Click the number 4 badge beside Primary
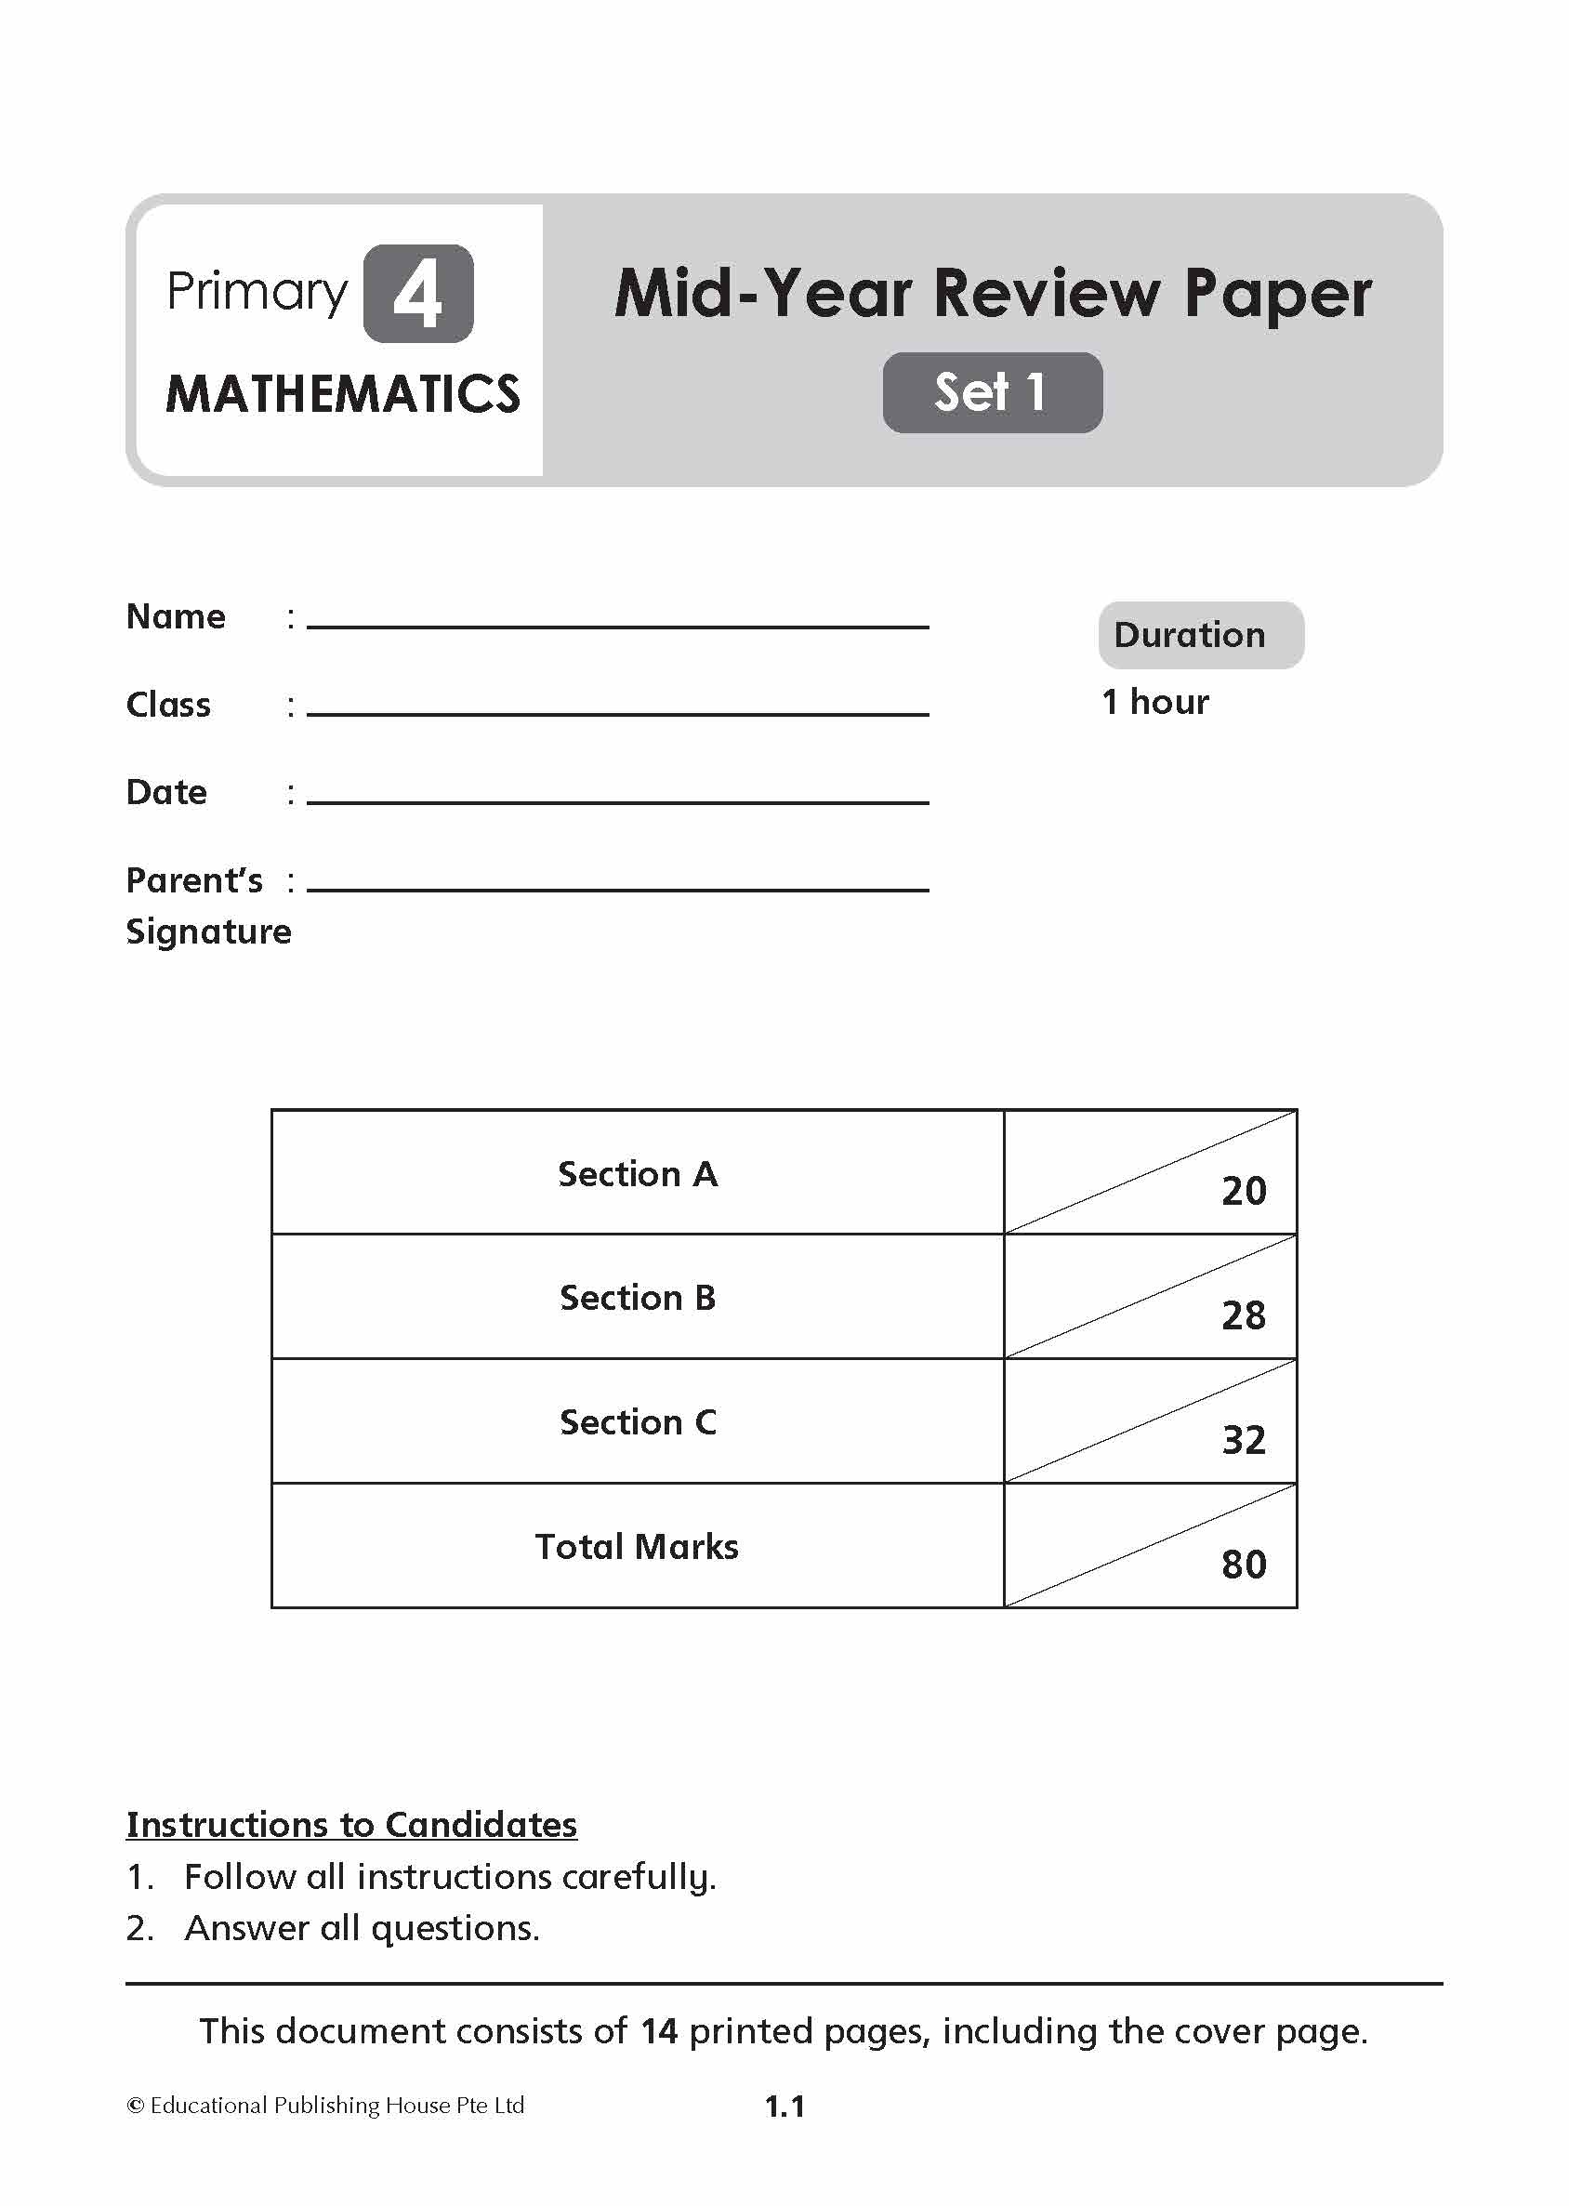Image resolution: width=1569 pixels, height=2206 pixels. [x=417, y=294]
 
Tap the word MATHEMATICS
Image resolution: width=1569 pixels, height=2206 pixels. [x=343, y=394]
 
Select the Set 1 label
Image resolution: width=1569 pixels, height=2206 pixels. [x=991, y=392]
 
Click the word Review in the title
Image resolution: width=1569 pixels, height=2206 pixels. [x=1047, y=294]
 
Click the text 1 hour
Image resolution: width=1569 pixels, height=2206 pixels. [x=1154, y=702]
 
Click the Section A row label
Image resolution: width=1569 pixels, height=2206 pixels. [x=638, y=1174]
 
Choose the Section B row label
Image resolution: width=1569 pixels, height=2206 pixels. [x=638, y=1298]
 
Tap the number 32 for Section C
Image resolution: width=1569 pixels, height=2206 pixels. [x=1244, y=1441]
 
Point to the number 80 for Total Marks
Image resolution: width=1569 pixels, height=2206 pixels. [x=1244, y=1565]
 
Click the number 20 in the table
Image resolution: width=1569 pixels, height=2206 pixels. [x=1244, y=1192]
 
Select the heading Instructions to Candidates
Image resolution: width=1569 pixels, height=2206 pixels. [x=351, y=1824]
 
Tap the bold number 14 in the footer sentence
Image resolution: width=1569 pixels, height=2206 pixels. [x=659, y=2031]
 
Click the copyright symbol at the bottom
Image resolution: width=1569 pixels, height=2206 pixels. [x=136, y=2106]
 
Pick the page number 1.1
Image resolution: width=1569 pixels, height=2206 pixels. [x=784, y=2107]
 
